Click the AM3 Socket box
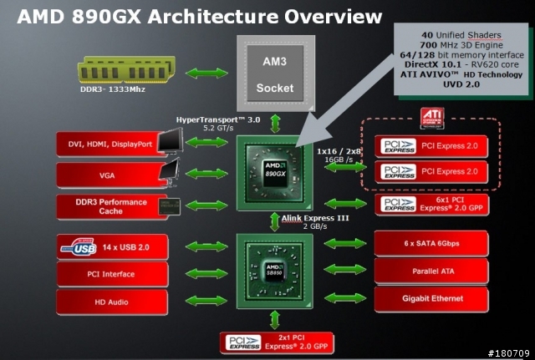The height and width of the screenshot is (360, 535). coord(276,74)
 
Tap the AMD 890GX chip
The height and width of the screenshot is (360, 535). coord(275,173)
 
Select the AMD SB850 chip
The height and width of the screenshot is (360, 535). coord(275,271)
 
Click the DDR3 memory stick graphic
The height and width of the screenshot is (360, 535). coord(126,70)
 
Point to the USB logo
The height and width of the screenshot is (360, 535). coord(79,247)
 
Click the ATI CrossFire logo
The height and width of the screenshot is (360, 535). coord(432,119)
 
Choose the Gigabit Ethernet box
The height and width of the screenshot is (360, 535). coord(431,299)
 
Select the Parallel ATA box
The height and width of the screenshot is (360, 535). coord(431,271)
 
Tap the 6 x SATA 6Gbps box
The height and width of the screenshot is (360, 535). coord(431,243)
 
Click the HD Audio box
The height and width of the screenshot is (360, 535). coord(112,302)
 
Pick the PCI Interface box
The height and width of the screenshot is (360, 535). coord(112,274)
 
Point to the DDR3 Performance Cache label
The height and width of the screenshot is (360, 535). coord(111,206)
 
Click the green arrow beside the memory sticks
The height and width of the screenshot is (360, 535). coord(206,73)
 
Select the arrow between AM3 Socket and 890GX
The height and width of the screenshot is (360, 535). coord(275,124)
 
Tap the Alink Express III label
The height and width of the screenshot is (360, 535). coord(315,218)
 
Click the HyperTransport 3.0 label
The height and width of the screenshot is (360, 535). coord(218,120)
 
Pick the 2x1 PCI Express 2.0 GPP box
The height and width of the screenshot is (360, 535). coord(277,342)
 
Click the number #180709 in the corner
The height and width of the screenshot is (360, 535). coord(508,353)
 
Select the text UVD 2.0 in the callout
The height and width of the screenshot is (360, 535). coord(461,84)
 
